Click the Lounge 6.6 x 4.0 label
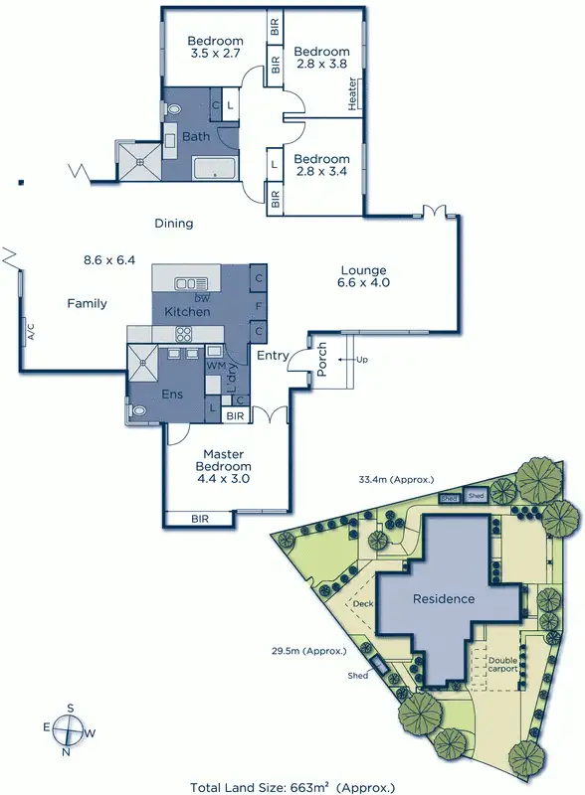click(363, 277)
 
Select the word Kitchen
click(187, 312)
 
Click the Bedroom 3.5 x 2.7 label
click(216, 49)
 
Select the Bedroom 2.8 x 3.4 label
click(321, 166)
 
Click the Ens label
click(171, 395)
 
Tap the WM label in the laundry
click(215, 366)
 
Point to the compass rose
click(68, 730)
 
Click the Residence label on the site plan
click(445, 599)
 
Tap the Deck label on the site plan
click(363, 603)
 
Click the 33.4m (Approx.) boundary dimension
click(397, 480)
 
